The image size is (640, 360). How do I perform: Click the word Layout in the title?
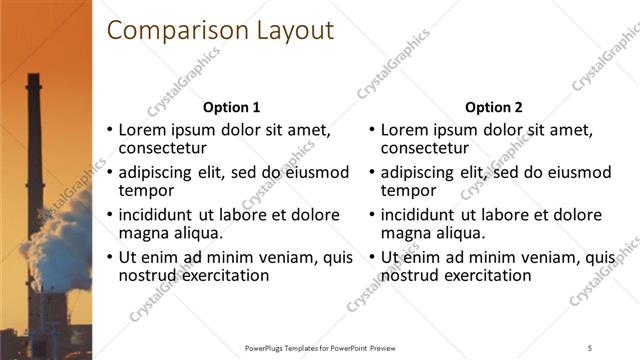coord(288,31)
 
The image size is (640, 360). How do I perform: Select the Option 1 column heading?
coord(231,107)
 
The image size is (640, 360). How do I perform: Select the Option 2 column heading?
coord(494,107)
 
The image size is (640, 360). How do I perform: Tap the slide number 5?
coord(591,347)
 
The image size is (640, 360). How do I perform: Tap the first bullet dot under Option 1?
coord(110,131)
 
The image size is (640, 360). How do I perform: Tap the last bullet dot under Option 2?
coord(372,258)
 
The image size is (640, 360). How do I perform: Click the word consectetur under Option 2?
coord(426,149)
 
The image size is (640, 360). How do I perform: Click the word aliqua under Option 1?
coord(196,233)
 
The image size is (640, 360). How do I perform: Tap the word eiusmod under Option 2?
coord(578,172)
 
